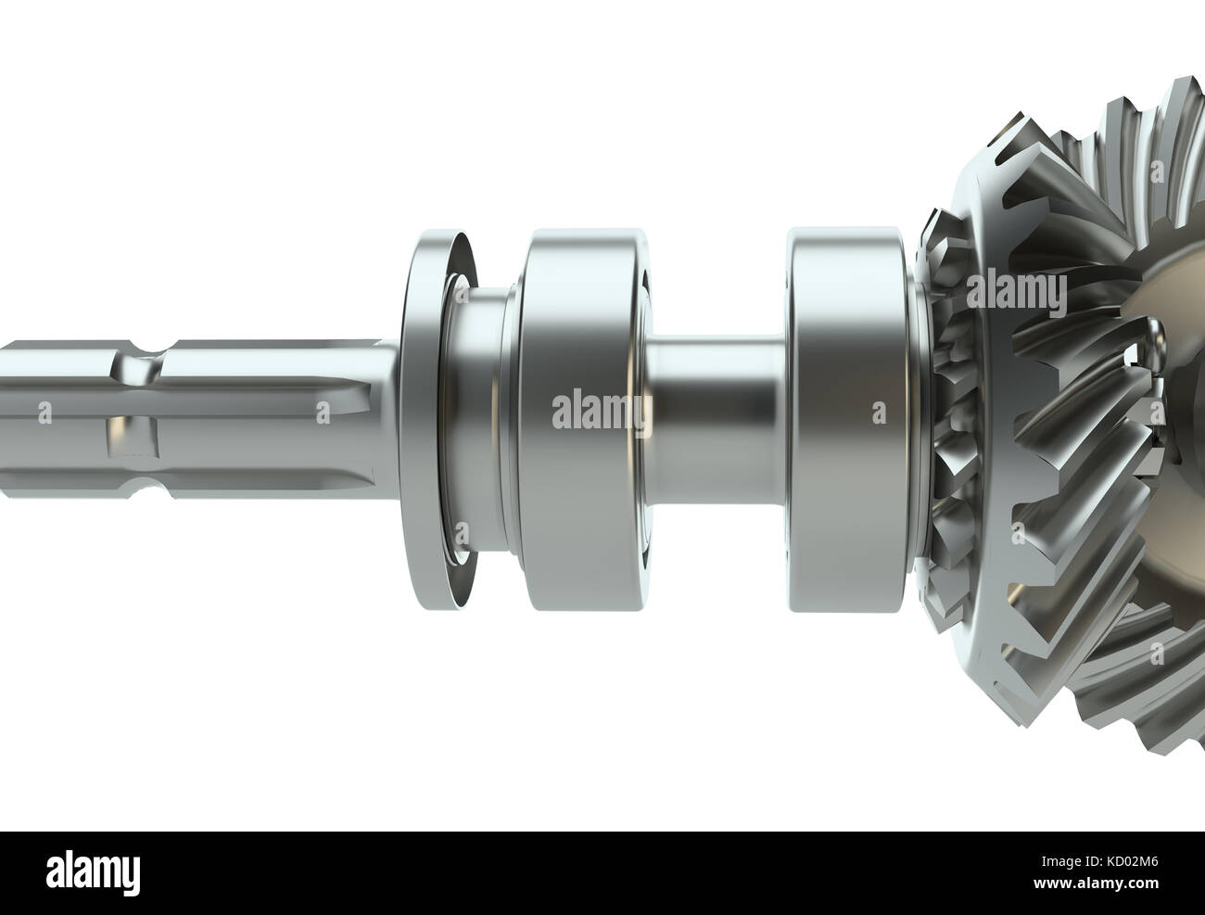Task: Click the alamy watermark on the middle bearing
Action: pos(598,411)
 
